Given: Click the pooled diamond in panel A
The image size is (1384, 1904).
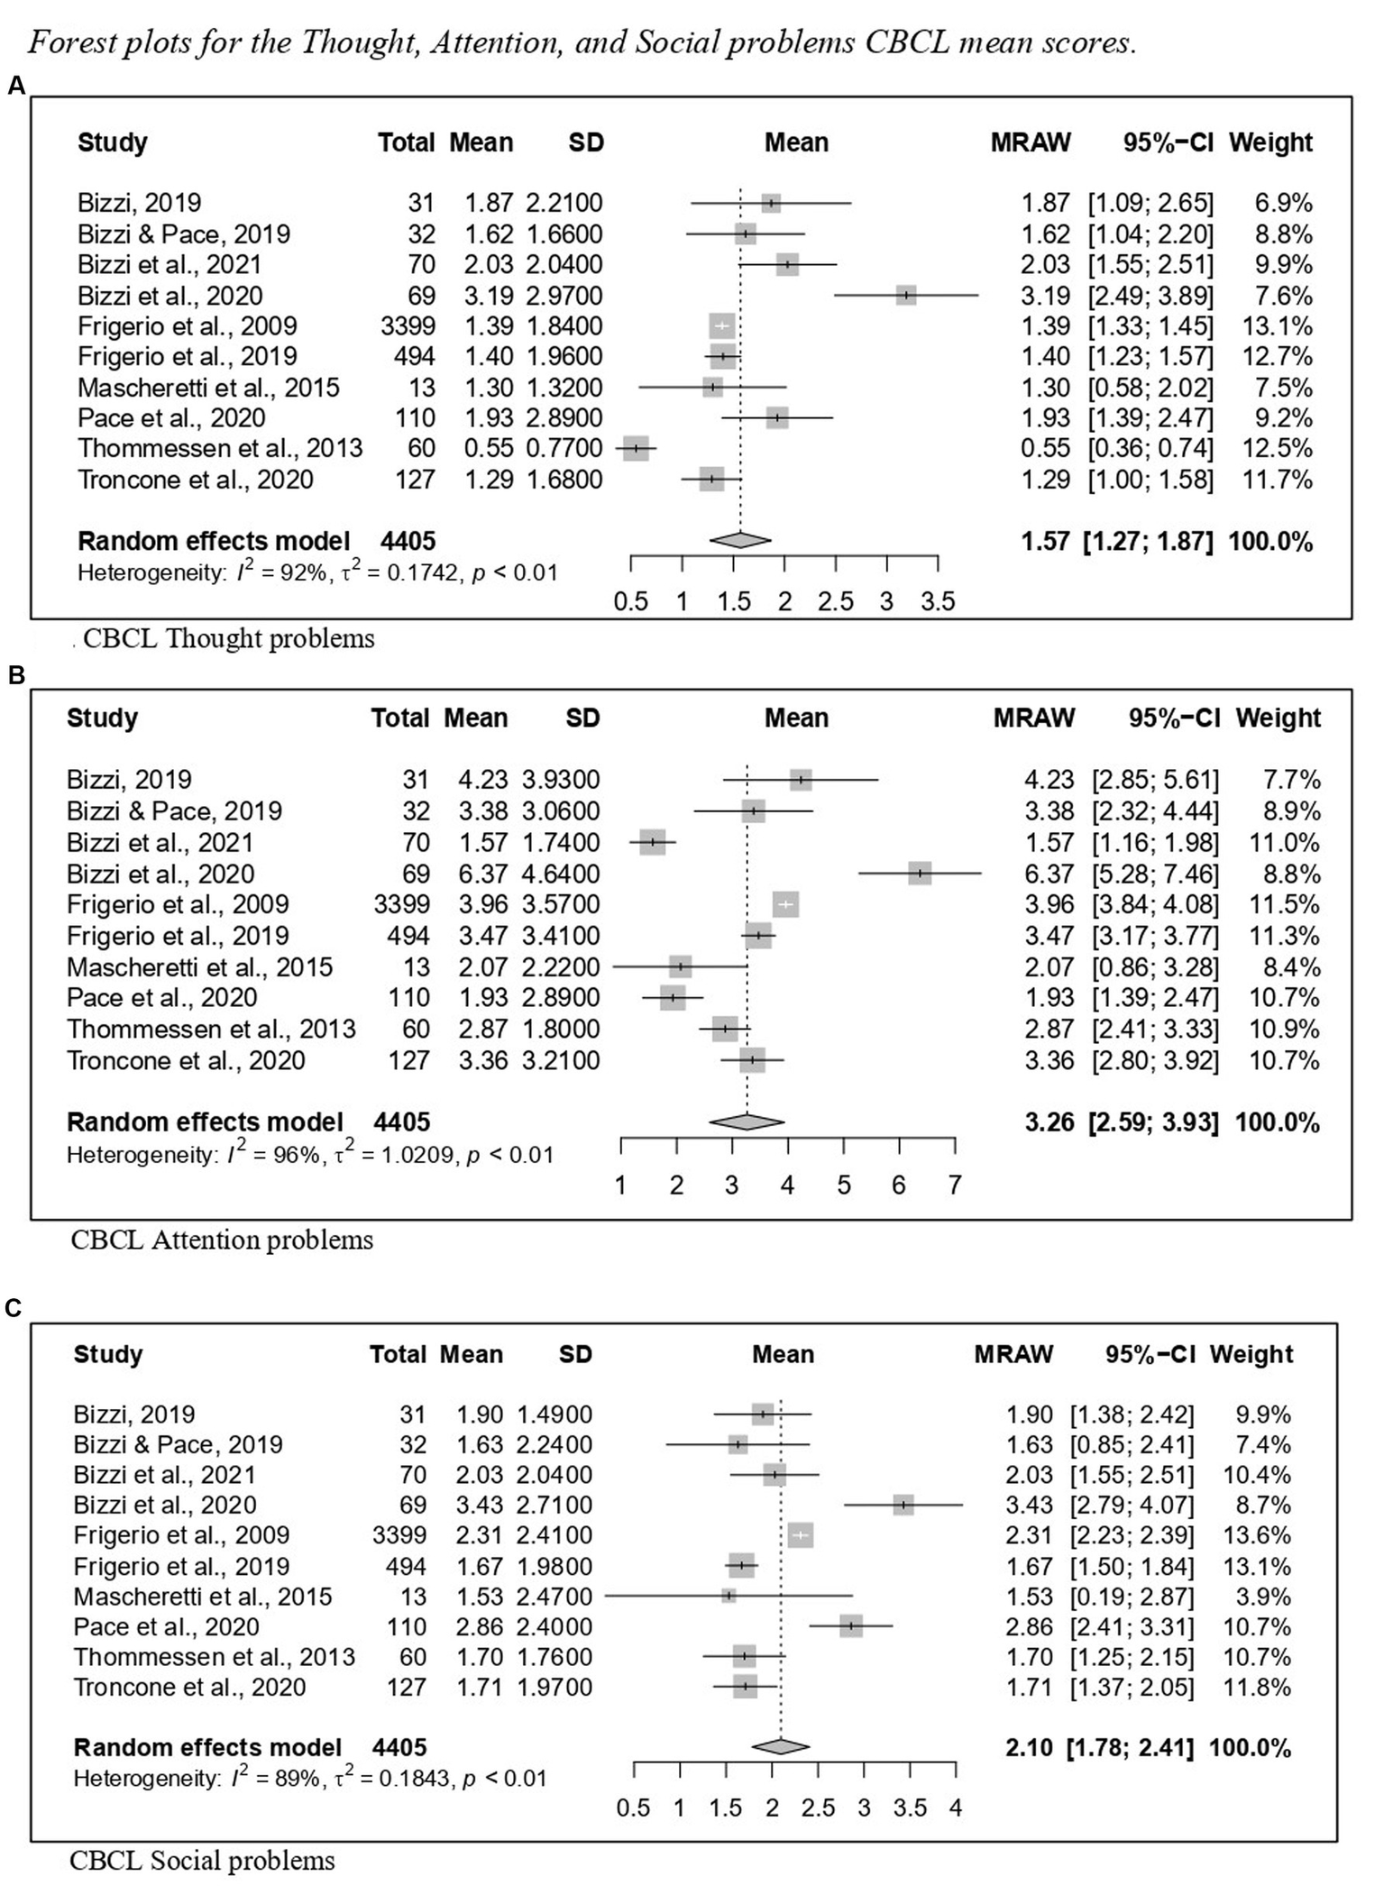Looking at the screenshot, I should pyautogui.click(x=740, y=540).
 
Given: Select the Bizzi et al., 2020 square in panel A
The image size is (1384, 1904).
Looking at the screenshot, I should pyautogui.click(x=906, y=295).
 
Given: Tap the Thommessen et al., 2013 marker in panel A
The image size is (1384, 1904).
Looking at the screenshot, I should pyautogui.click(x=636, y=448).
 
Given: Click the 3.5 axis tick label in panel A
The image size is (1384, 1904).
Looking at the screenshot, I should pyautogui.click(x=938, y=601).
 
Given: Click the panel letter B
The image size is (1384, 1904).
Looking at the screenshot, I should pyautogui.click(x=15, y=676).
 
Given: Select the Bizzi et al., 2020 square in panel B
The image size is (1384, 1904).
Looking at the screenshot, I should pyautogui.click(x=920, y=873).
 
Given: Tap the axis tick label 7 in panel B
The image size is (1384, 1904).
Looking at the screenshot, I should pyautogui.click(x=955, y=1184).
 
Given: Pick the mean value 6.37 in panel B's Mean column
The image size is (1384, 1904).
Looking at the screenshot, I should pyautogui.click(x=475, y=874).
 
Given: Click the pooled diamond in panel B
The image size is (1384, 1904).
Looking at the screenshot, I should pyautogui.click(x=747, y=1121).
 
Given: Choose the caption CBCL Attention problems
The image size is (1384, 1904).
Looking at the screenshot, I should pyautogui.click(x=222, y=1240).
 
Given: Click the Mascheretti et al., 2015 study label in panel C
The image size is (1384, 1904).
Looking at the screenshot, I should pyautogui.click(x=203, y=1597).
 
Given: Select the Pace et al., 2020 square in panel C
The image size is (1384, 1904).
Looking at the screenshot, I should pyautogui.click(x=851, y=1626).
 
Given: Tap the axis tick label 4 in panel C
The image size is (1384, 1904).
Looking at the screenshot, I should pyautogui.click(x=956, y=1808).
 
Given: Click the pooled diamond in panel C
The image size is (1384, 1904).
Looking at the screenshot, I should pyautogui.click(x=781, y=1747).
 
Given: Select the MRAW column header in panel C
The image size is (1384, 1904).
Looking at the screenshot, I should pyautogui.click(x=1013, y=1354).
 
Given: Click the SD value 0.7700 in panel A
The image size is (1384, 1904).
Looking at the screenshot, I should pyautogui.click(x=562, y=448).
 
